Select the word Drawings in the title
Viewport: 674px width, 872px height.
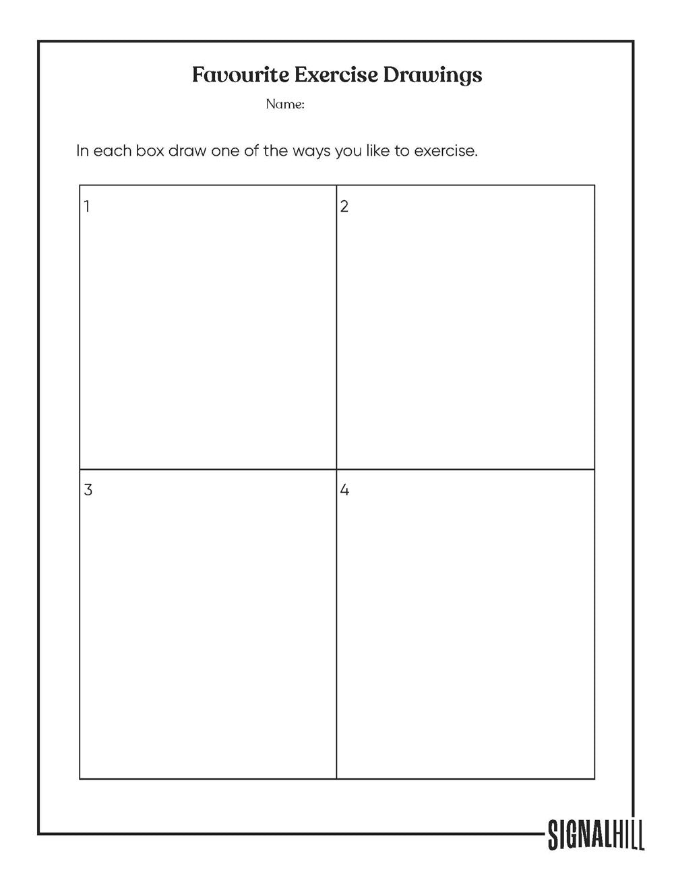pos(432,75)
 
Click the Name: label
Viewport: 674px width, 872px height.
pos(285,104)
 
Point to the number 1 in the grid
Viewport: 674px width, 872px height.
pos(87,206)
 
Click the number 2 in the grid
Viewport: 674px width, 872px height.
pos(344,206)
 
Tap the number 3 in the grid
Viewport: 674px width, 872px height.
pos(88,490)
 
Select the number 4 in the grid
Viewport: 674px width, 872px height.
pos(344,490)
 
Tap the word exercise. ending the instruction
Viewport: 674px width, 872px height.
pos(446,150)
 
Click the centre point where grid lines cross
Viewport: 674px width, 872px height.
pos(336,469)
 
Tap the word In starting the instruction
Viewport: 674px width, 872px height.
pos(82,150)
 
